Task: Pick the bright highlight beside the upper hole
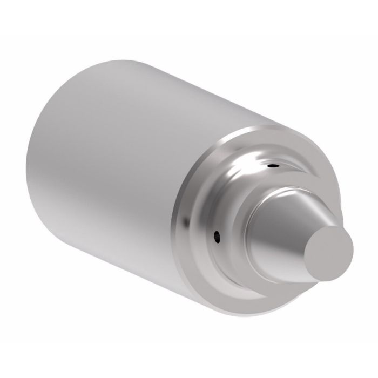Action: coord(254,162)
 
